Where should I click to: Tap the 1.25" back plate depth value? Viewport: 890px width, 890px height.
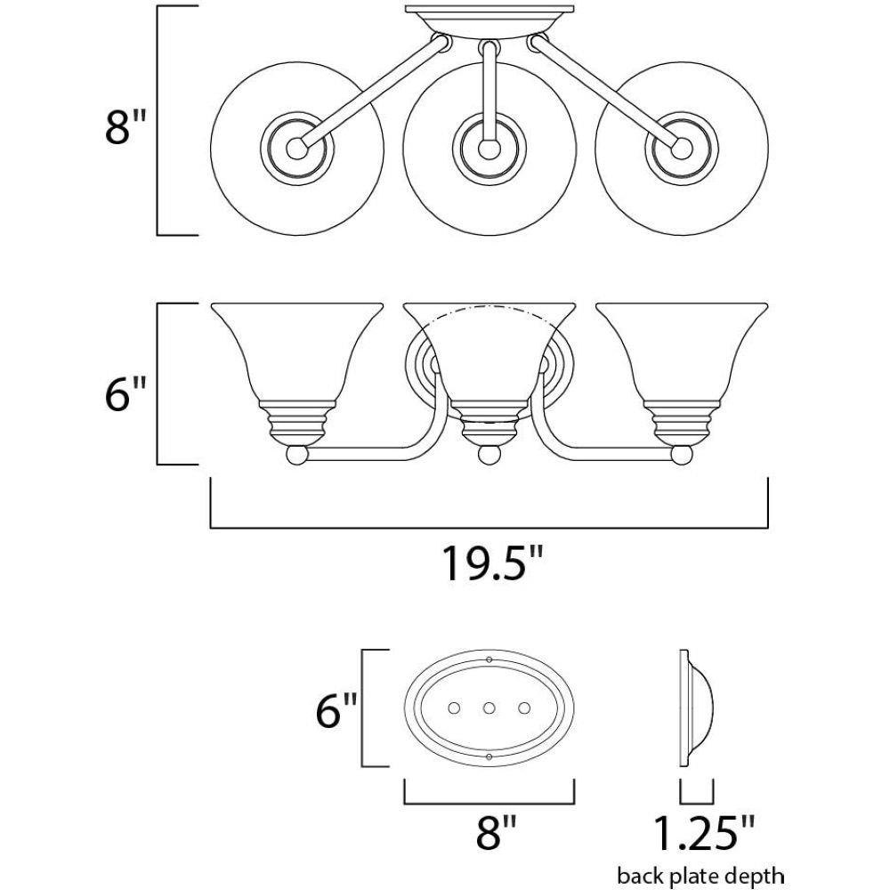tap(703, 834)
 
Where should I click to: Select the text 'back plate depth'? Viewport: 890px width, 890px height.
tap(704, 874)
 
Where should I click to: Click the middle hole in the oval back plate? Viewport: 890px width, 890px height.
tap(489, 708)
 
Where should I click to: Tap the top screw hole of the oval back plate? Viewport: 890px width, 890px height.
tap(490, 659)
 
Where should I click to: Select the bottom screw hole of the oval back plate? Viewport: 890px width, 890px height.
tap(490, 756)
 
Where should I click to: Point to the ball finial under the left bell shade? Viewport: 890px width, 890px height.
tap(296, 456)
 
